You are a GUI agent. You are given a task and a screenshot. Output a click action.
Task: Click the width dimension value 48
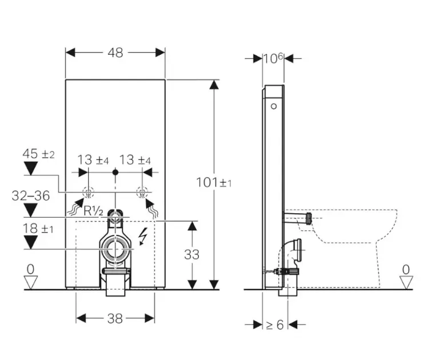click(x=115, y=52)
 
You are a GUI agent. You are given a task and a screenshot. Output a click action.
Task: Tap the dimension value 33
click(x=192, y=254)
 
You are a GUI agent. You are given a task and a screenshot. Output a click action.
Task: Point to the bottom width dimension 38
click(x=115, y=319)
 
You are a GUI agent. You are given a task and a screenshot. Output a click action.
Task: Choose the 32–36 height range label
click(x=30, y=195)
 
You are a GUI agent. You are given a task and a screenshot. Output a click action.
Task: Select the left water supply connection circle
click(x=89, y=193)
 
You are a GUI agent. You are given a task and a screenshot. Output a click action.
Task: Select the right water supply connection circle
click(x=141, y=193)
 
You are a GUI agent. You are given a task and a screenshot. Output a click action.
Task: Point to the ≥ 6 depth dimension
click(x=274, y=325)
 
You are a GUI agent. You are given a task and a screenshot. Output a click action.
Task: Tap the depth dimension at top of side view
click(x=273, y=58)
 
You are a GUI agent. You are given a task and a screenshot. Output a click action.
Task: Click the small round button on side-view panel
click(x=274, y=106)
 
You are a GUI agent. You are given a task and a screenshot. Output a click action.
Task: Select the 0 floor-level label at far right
click(x=406, y=269)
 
